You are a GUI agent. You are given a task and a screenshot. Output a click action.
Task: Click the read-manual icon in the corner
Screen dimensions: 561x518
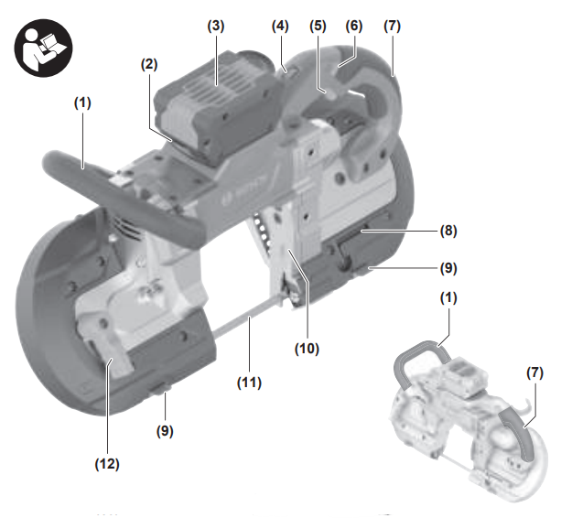pyautogui.click(x=43, y=48)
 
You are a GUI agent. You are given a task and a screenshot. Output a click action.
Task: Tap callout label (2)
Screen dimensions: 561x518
pyautogui.click(x=149, y=64)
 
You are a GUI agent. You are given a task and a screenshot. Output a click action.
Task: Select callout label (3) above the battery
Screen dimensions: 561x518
pyautogui.click(x=216, y=27)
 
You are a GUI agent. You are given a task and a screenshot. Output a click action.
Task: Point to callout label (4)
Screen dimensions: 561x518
pyautogui.click(x=280, y=27)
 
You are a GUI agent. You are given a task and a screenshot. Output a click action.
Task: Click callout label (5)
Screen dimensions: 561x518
pyautogui.click(x=318, y=27)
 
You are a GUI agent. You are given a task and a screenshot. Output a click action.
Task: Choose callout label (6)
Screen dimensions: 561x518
pyautogui.click(x=354, y=27)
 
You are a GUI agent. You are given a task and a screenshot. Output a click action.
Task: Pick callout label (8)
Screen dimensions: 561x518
pyautogui.click(x=448, y=232)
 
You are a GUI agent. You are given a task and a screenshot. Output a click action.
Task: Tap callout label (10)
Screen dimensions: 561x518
pyautogui.click(x=307, y=348)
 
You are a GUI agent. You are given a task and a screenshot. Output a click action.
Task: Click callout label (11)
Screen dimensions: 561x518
pyautogui.click(x=249, y=383)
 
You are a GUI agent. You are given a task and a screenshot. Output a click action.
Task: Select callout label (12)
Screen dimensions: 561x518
pyautogui.click(x=107, y=464)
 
